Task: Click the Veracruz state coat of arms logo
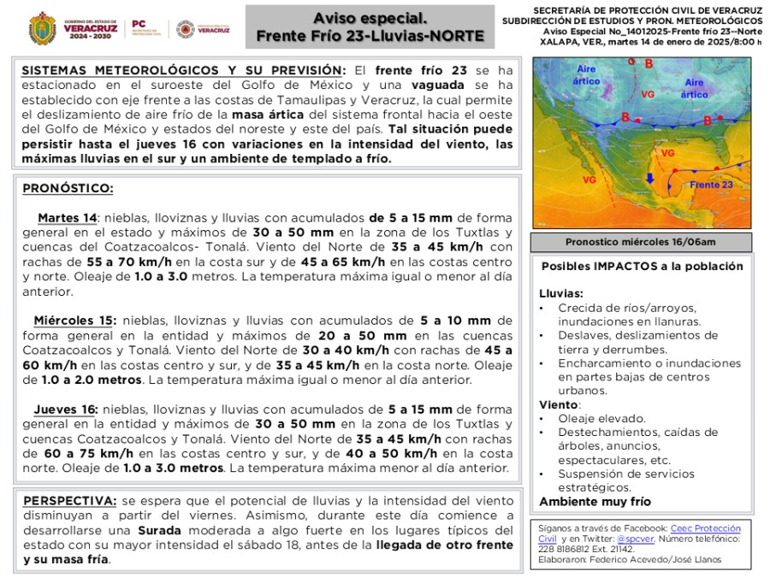coord(42,28)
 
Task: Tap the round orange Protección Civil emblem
coord(185,28)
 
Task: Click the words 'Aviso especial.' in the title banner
coord(370,17)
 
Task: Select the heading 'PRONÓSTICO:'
coord(68,188)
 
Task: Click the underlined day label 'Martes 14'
coord(68,218)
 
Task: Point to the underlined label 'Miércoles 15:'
coord(74,321)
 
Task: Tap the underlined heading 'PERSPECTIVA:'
coord(69,500)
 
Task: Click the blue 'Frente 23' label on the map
coord(711,185)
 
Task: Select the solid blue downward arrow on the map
coord(649,180)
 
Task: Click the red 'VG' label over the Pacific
coord(589,180)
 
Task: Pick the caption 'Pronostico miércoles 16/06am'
coord(641,242)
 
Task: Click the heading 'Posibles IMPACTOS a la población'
coord(642,267)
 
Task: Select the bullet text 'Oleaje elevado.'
coord(601,418)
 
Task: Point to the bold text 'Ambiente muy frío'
coord(595,502)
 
